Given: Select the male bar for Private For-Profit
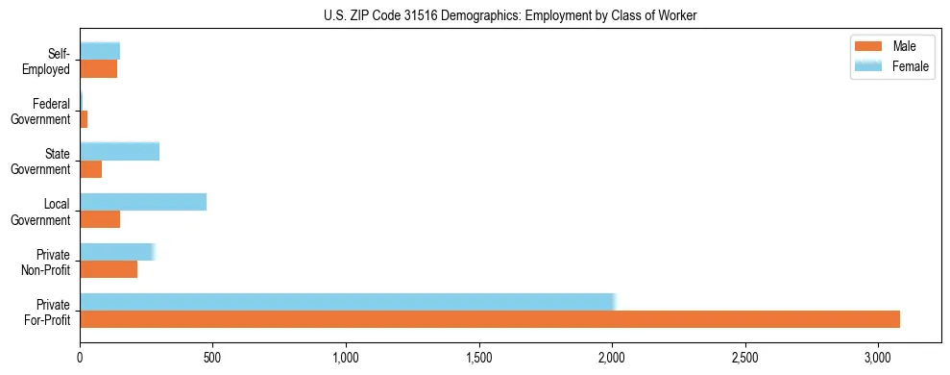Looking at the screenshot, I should (x=490, y=319).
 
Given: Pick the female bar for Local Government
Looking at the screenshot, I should (x=143, y=202).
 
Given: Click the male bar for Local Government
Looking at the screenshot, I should (x=100, y=219).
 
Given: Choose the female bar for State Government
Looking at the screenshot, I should (x=119, y=152).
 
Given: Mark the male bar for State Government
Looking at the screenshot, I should (x=91, y=169).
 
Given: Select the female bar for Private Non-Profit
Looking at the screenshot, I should (x=116, y=252).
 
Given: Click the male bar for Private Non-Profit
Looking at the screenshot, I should (x=109, y=269).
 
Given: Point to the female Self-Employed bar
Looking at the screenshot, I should (x=100, y=51).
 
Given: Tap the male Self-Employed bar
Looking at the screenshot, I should (x=99, y=69).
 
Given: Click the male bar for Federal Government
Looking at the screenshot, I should (x=85, y=119).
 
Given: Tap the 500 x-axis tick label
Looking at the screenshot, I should (x=212, y=358).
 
